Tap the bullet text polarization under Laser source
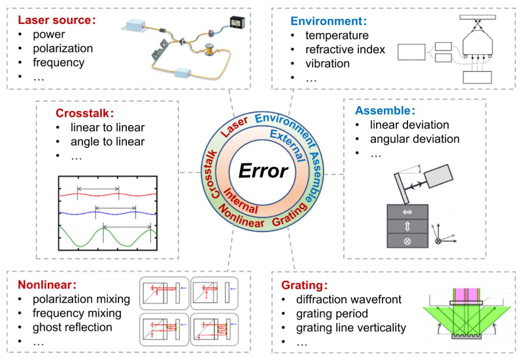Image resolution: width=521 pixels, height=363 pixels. [63, 48]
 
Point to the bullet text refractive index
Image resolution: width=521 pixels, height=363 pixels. [345, 50]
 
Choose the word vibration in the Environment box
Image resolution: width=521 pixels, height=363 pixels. [327, 64]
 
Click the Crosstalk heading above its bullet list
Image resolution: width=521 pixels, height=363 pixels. [84, 113]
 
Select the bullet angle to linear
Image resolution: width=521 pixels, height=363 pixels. [107, 142]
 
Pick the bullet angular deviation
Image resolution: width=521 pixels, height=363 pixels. [414, 139]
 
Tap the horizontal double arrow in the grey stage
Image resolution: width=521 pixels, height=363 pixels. [407, 212]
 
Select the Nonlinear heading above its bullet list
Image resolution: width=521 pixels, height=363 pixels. [47, 285]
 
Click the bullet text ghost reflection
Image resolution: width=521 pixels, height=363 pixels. [72, 327]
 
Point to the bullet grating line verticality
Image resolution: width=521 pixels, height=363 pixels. [351, 328]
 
